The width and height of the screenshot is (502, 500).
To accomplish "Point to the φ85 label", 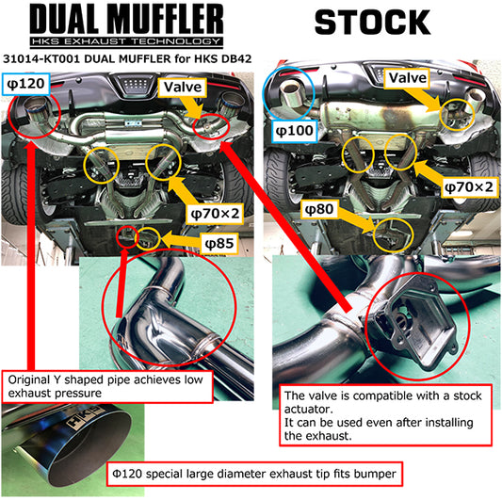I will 221,243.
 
